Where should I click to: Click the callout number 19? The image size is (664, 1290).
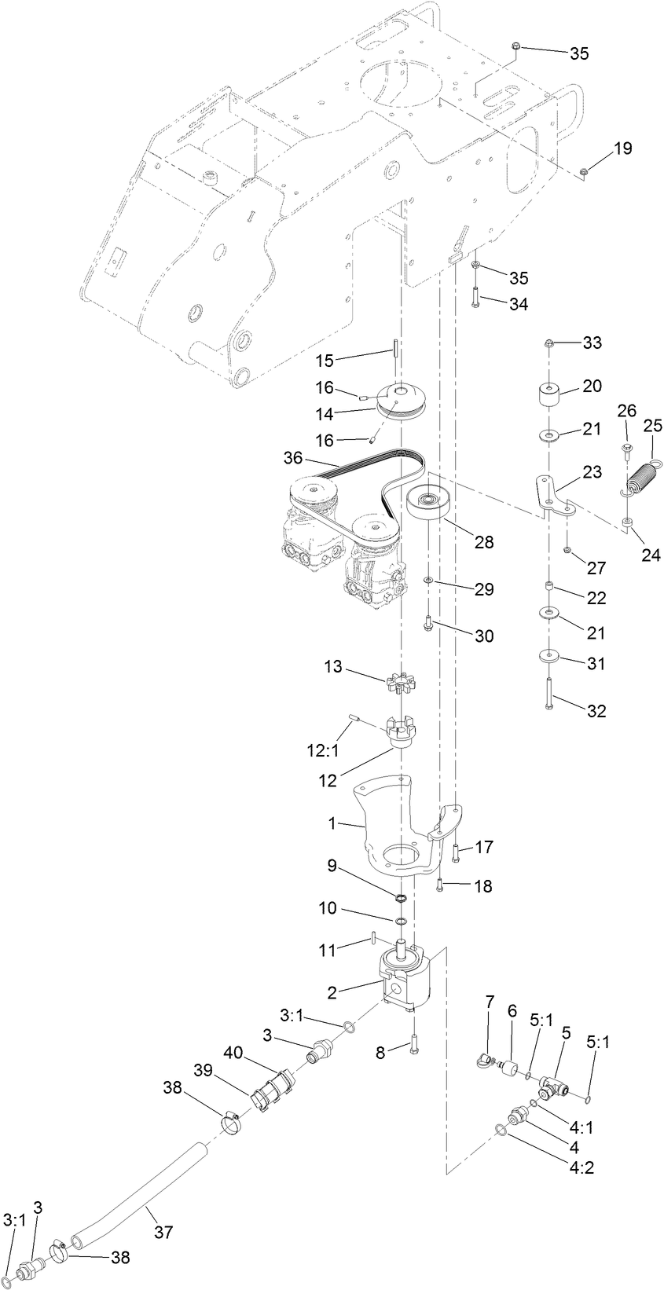(622, 148)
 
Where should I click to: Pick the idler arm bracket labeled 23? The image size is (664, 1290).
(552, 496)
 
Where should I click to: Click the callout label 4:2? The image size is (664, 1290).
(581, 1167)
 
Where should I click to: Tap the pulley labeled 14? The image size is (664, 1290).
(399, 402)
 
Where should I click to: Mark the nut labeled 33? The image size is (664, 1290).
(549, 343)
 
